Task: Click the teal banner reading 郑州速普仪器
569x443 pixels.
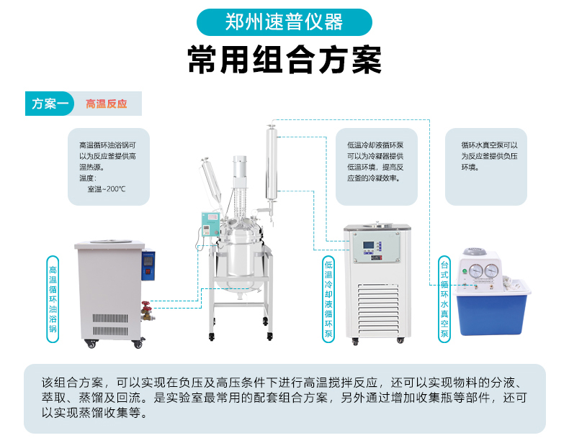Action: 284,22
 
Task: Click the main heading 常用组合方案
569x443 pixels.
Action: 284,60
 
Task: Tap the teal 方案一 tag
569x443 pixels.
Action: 50,104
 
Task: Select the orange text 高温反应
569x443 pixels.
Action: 107,104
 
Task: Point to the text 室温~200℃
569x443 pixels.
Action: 107,189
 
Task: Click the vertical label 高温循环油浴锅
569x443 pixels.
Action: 53,299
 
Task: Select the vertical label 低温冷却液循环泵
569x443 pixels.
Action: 328,299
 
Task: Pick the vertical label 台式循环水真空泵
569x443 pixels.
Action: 444,299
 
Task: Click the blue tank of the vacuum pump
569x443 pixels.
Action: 493,311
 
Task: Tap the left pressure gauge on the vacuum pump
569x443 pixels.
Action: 476,270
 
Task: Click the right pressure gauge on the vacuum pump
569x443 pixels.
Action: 492,270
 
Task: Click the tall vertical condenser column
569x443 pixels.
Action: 271,163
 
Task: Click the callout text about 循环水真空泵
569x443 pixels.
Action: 489,156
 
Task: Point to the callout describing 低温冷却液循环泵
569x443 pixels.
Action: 375,162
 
